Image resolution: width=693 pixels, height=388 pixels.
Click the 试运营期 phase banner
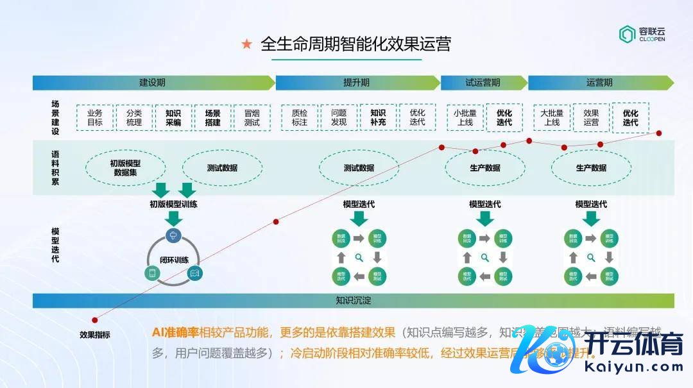point(483,83)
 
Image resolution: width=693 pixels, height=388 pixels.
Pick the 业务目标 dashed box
point(95,117)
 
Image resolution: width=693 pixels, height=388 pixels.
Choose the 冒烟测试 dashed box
point(252,117)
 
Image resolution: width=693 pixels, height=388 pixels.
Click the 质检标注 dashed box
point(299,117)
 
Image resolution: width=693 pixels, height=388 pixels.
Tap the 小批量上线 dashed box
point(465,117)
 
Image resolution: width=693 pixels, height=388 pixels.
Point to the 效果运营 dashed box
point(591,117)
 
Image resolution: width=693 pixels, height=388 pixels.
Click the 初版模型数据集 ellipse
point(125,168)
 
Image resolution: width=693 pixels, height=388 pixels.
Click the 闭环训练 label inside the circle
point(173,260)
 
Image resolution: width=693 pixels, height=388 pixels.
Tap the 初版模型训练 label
point(173,205)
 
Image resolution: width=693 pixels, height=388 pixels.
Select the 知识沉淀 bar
point(353,300)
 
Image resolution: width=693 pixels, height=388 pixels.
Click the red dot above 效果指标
point(95,320)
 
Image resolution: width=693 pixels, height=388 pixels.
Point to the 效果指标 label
point(95,334)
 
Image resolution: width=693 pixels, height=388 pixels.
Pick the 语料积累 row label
point(55,168)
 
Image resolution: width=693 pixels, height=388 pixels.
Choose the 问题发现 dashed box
point(338,117)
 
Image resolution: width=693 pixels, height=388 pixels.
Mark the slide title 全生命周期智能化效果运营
point(355,44)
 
